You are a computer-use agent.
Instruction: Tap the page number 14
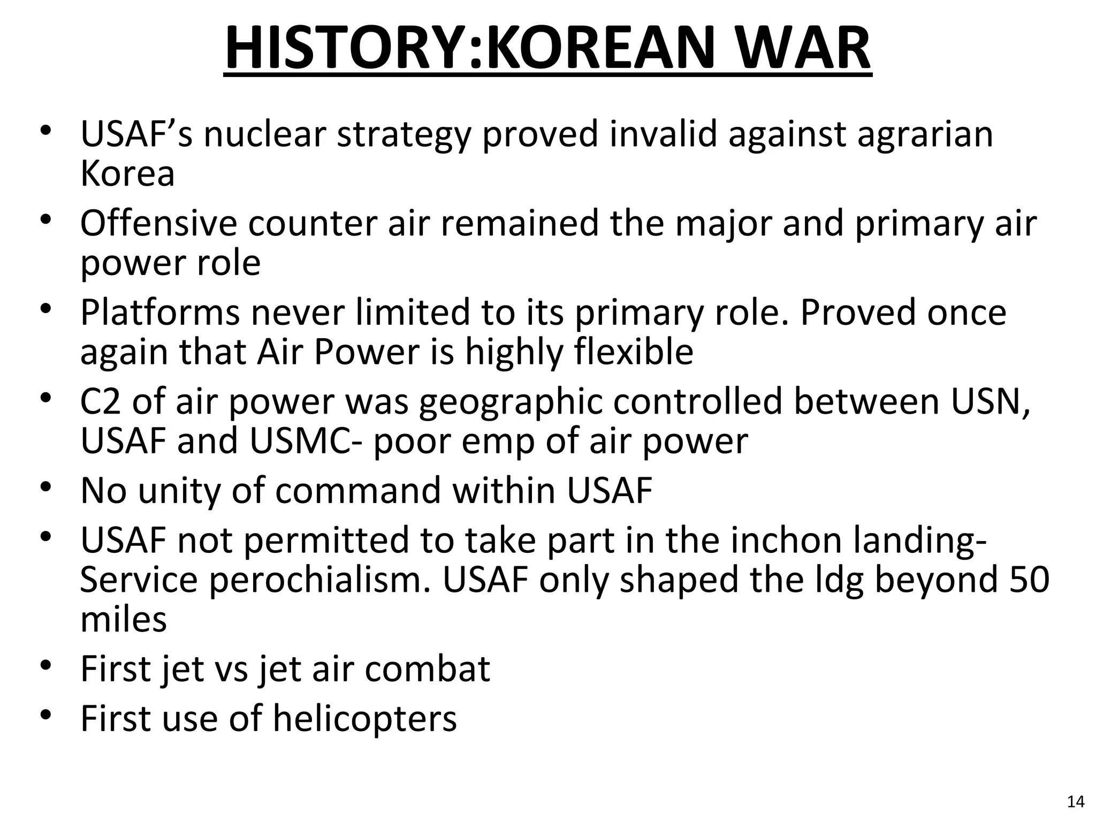click(x=1076, y=802)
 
